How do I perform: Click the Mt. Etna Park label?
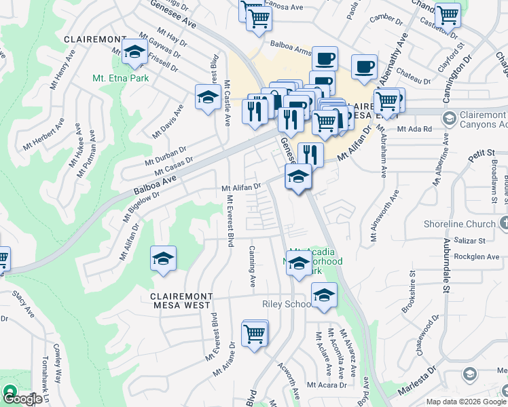(x=120, y=78)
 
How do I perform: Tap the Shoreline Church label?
(x=462, y=224)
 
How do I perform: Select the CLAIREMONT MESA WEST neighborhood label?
(x=181, y=297)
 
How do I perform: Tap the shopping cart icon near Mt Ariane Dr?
(x=254, y=333)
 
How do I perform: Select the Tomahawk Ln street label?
(x=46, y=380)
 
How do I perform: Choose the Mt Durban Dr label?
(x=165, y=155)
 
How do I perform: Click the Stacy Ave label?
(x=23, y=305)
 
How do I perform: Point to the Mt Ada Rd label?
(x=414, y=129)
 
